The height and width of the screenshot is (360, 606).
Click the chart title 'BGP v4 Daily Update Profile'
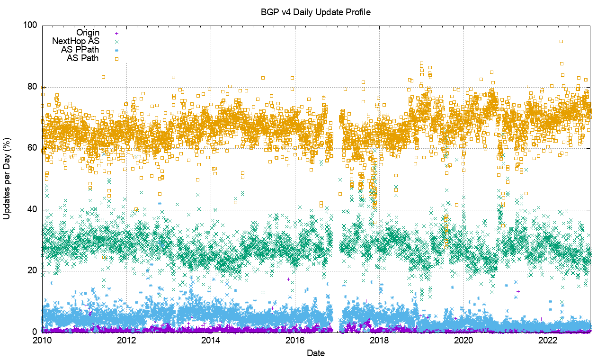coord(316,12)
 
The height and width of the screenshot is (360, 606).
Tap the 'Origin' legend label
coord(88,33)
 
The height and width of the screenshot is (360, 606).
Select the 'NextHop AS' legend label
coord(76,41)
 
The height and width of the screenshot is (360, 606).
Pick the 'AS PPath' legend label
coord(80,50)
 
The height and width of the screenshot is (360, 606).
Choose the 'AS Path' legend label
coord(83,58)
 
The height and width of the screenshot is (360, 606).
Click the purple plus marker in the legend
coord(117,33)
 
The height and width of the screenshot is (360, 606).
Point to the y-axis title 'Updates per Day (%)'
coord(8,178)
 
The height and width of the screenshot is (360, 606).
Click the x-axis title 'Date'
coord(316,353)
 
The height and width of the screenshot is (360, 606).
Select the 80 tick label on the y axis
coord(33,87)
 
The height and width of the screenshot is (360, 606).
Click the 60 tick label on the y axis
coord(33,148)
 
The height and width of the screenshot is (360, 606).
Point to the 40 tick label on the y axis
coord(33,209)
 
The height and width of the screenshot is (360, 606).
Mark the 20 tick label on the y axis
coord(33,271)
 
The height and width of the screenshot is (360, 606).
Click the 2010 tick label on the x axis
coord(42,341)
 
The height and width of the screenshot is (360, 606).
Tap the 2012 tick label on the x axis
coord(126,341)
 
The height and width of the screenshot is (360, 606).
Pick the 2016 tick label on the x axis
coord(295,341)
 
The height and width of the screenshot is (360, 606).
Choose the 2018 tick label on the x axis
coord(379,341)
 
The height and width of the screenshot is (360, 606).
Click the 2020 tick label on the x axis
coord(463,341)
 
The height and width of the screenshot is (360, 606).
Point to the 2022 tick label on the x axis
coord(548,341)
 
